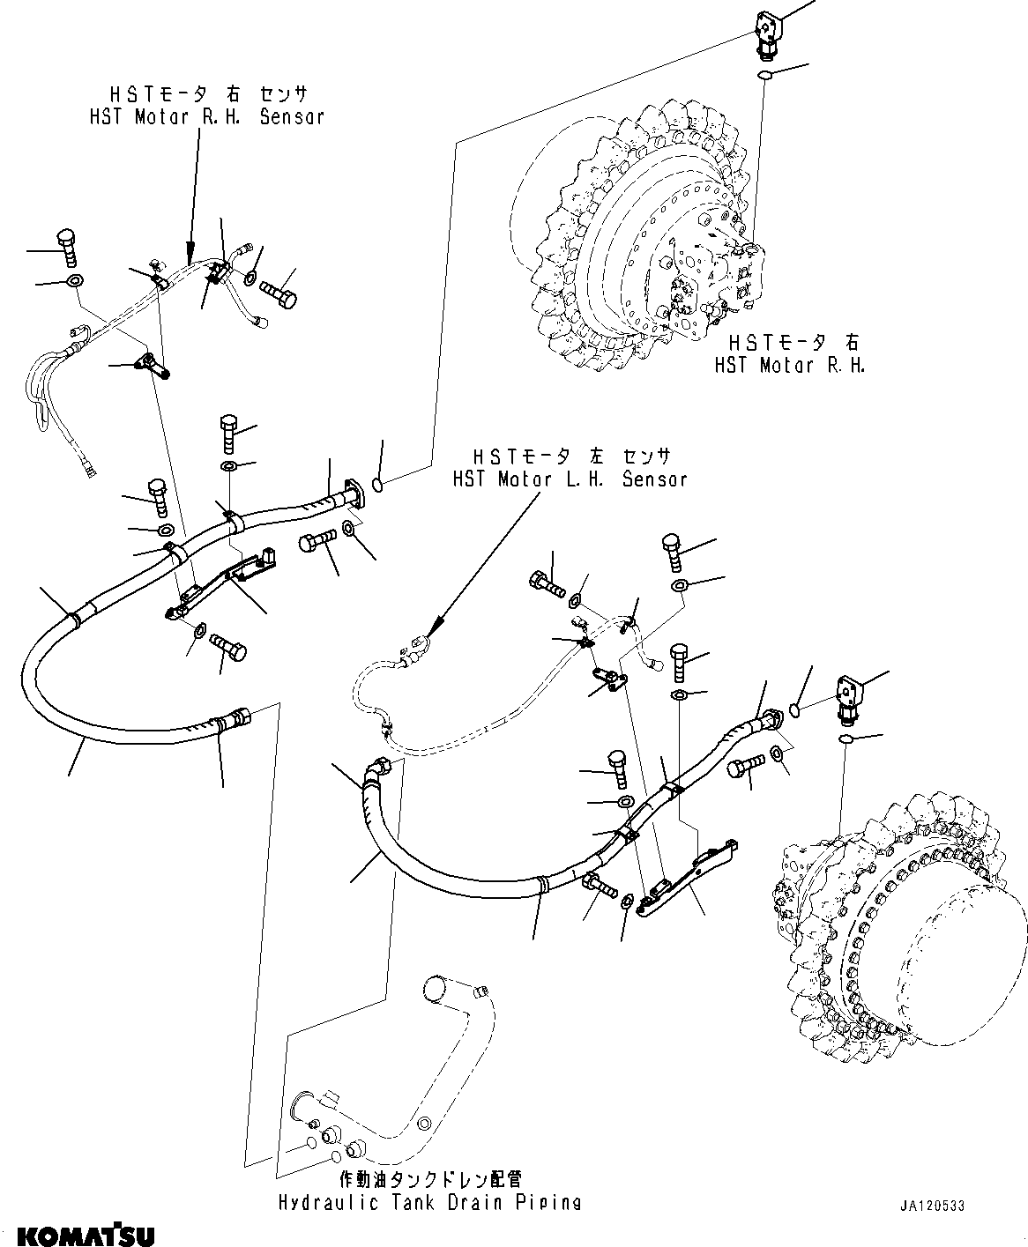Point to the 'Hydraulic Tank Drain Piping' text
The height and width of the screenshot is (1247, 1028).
coord(429,1203)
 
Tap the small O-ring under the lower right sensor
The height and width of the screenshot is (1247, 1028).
coord(845,739)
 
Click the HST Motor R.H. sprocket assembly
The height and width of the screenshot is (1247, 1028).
coord(644,238)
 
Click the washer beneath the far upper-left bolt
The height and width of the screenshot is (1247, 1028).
coord(74,282)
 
